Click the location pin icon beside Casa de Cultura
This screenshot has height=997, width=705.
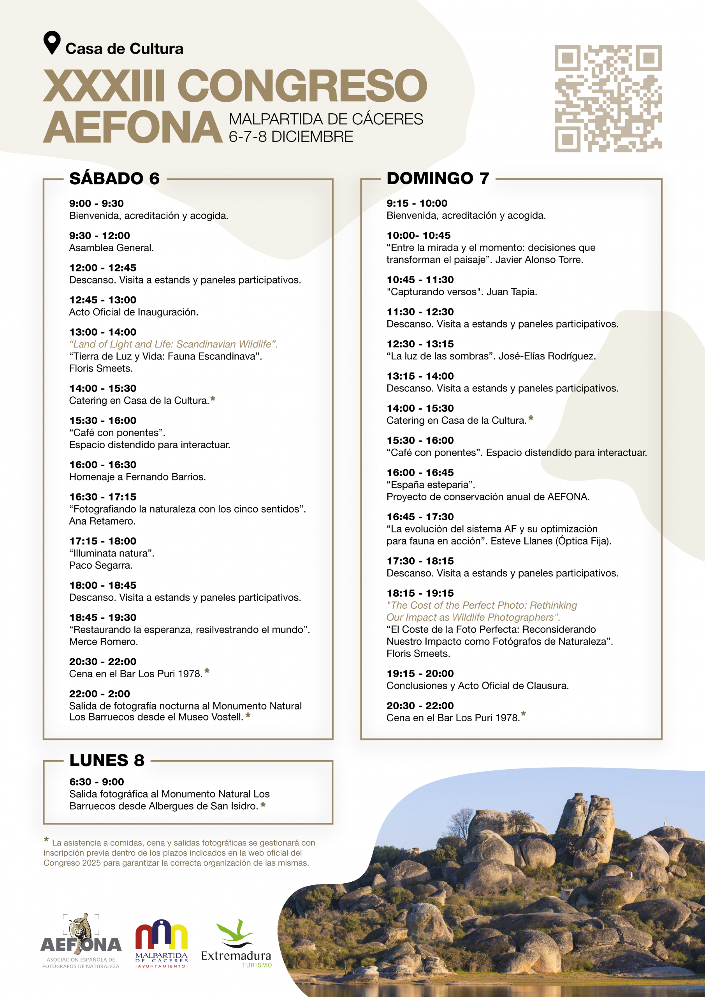[52, 42]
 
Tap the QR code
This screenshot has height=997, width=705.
[608, 99]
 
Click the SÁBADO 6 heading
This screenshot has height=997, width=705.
[114, 178]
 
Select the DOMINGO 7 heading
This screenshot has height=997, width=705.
[438, 178]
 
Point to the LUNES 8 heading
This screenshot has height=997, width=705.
[107, 760]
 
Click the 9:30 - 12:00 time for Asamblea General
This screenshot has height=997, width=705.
[99, 236]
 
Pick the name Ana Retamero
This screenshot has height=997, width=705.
[102, 521]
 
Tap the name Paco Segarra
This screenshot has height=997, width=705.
[101, 565]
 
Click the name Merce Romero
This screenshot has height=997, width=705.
[103, 642]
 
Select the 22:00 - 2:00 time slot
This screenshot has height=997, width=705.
[99, 694]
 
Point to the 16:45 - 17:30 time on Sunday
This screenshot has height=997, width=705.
[420, 517]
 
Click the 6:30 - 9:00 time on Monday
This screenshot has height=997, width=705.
[97, 782]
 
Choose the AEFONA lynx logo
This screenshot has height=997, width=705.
[81, 941]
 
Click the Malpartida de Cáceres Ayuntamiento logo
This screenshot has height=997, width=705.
[162, 943]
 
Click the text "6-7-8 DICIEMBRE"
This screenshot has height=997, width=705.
[291, 137]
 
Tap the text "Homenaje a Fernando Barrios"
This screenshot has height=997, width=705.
[137, 477]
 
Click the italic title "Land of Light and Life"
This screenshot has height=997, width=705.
[173, 344]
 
